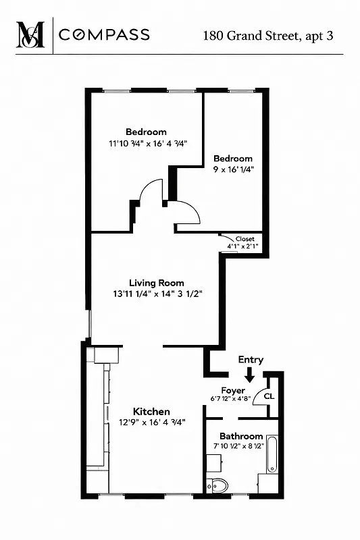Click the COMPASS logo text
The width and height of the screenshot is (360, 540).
click(x=104, y=35)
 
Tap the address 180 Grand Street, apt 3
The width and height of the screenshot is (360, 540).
click(x=268, y=35)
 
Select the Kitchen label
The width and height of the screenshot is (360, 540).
click(x=151, y=411)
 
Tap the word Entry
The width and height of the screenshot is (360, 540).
click(x=251, y=360)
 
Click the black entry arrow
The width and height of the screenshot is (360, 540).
click(x=250, y=375)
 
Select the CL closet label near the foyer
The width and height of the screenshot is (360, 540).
click(x=268, y=396)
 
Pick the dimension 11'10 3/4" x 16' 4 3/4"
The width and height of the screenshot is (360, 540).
click(x=147, y=143)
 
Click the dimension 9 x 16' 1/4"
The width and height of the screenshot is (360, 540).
click(x=233, y=169)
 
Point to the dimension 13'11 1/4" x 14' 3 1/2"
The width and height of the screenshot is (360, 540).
click(x=158, y=294)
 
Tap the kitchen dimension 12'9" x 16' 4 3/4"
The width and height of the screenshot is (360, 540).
click(x=152, y=422)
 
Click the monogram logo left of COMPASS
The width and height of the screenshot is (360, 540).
click(x=30, y=34)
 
